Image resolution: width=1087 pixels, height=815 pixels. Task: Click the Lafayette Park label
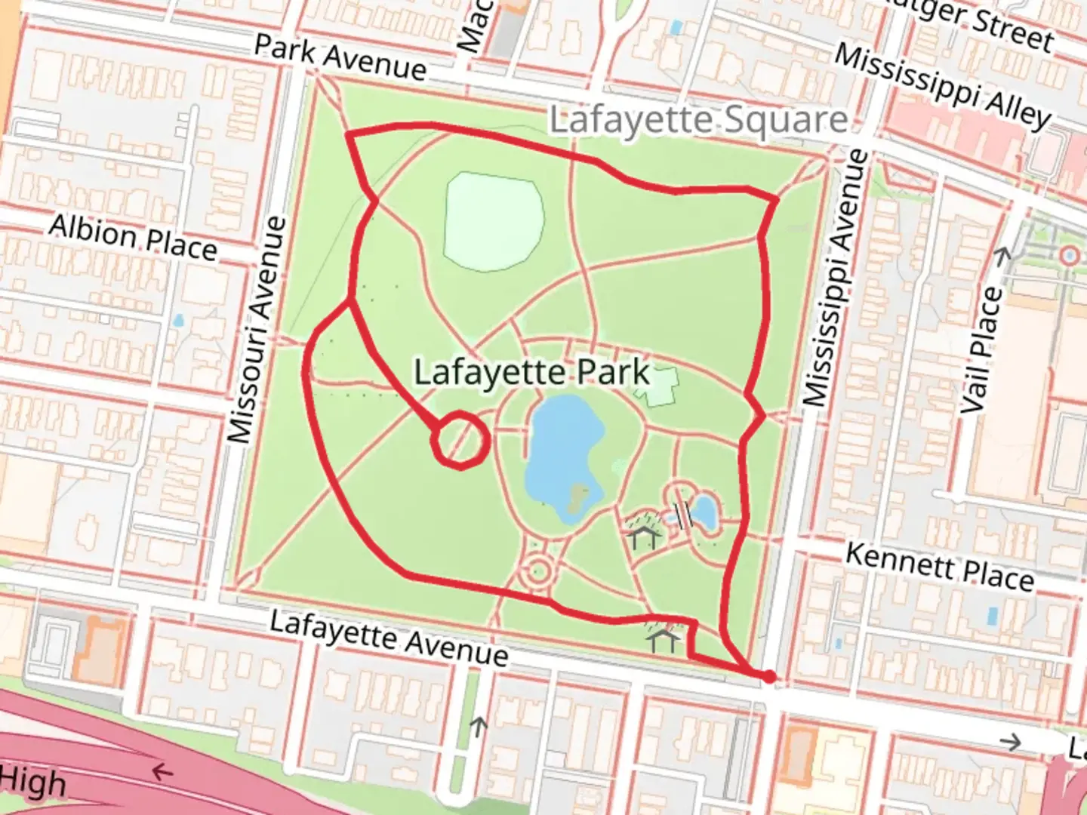pos(531,372)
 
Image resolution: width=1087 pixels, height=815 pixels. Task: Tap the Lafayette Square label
pos(698,121)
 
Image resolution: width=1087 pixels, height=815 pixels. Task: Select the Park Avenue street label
pos(340,57)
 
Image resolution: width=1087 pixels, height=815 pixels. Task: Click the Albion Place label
pos(134,237)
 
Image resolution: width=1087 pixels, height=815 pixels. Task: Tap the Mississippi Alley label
pos(943,85)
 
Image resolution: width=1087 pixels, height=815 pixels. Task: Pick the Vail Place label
pos(983,351)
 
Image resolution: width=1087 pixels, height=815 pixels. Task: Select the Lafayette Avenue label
pos(389,638)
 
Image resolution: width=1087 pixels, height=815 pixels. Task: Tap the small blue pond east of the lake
pos(704,512)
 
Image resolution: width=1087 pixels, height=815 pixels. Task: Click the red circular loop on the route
pos(460,440)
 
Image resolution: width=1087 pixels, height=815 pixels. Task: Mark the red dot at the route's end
pos(768,677)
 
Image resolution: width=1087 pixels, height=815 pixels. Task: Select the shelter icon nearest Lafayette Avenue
pos(664,641)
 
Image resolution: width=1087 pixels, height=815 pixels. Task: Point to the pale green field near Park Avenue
pos(494,221)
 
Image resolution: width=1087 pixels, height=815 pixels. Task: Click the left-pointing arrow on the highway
pos(161,772)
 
